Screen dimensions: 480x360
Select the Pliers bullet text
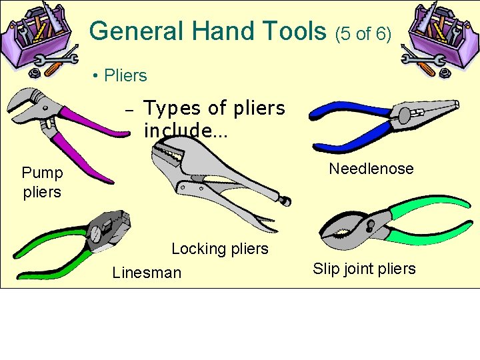[125, 75]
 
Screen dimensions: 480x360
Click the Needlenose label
[371, 169]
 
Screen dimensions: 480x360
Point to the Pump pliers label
[42, 182]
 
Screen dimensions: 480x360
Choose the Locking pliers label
[220, 249]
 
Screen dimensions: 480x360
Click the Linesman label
[147, 272]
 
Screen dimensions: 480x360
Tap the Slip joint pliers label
[364, 269]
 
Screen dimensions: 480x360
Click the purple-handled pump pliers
[60, 130]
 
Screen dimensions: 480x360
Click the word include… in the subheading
[185, 130]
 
